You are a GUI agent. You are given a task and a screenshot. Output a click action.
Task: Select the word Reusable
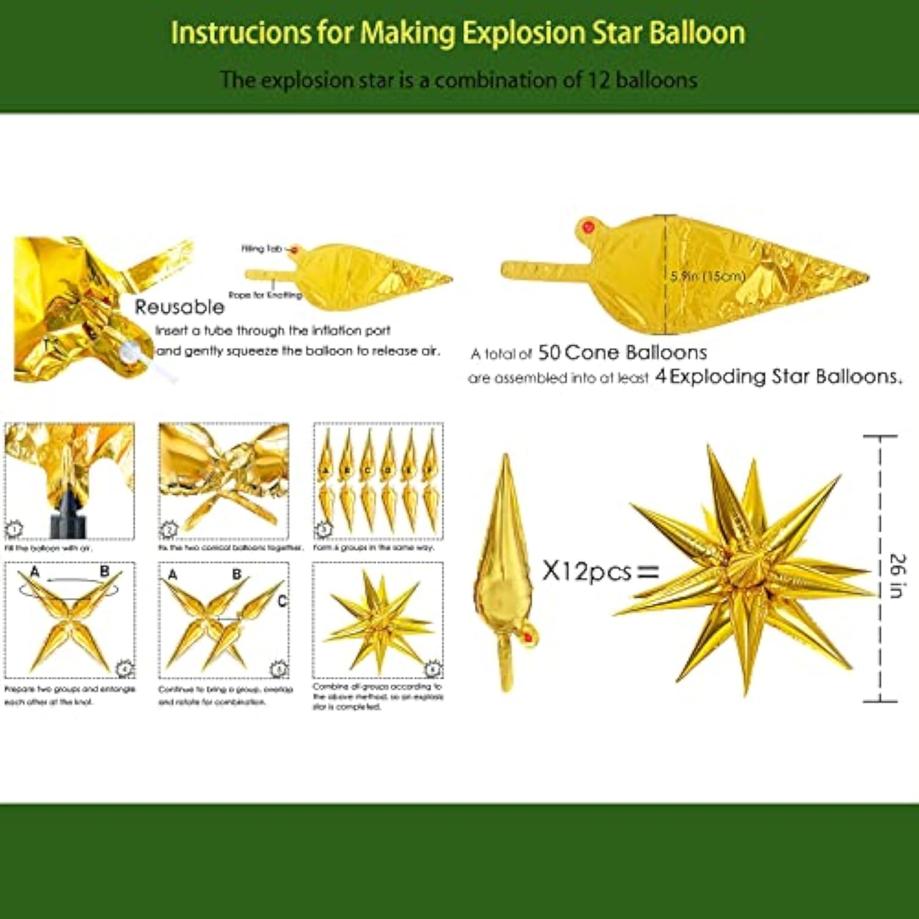[180, 307]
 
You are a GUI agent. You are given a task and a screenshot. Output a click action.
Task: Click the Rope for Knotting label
[265, 295]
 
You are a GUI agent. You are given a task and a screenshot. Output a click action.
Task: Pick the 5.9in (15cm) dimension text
[708, 276]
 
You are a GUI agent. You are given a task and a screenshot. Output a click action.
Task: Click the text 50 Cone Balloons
[622, 353]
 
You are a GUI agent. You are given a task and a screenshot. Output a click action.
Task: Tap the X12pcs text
[587, 572]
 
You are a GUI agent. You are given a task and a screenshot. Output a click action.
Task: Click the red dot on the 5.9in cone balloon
[589, 228]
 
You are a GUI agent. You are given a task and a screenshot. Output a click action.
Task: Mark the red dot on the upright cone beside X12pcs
[528, 638]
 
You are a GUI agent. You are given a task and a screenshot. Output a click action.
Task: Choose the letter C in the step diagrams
[282, 601]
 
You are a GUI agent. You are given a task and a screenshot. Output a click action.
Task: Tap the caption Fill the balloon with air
[48, 548]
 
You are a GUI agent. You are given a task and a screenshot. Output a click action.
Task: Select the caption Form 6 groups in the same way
[374, 548]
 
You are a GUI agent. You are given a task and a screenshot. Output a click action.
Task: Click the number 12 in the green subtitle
[599, 80]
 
